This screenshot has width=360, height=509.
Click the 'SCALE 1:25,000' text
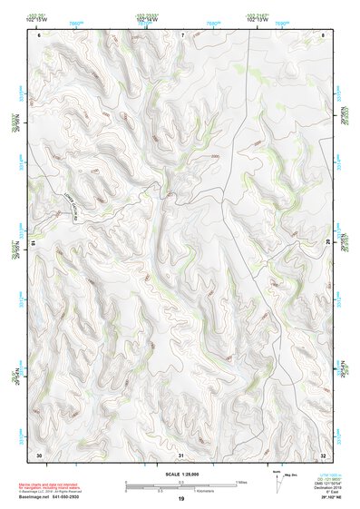click(180, 473)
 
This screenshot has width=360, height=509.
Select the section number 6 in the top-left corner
click(39, 34)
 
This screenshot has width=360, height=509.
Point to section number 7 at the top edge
click(181, 34)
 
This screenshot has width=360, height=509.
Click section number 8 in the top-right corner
click(323, 34)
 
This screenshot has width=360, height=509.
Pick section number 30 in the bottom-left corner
click(39, 454)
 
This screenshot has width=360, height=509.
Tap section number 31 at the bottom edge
click(181, 454)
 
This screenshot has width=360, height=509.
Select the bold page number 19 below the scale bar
click(180, 499)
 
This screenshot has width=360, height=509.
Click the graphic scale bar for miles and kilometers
click(180, 484)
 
